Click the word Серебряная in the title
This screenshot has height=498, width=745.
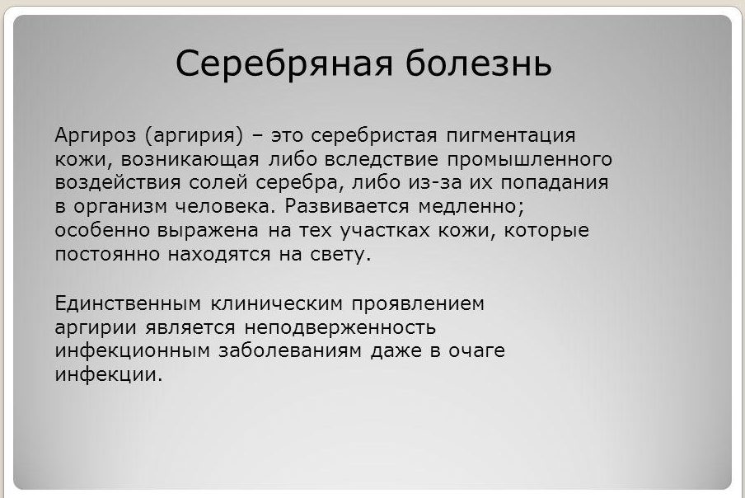tap(284, 63)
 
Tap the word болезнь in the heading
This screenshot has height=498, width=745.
tap(479, 63)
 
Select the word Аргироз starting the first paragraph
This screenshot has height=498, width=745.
tap(95, 136)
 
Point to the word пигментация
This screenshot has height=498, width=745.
tap(511, 136)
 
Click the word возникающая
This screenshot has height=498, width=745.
tap(190, 160)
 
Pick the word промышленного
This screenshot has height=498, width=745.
tap(530, 160)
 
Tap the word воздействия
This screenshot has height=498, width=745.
tap(118, 183)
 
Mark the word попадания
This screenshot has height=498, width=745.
tap(555, 183)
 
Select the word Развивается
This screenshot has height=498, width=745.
tap(347, 206)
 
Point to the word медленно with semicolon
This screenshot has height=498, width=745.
tap(471, 207)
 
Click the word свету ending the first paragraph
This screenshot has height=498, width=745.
tap(340, 255)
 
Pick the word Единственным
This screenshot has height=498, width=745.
tap(128, 303)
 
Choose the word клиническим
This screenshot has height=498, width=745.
tap(277, 303)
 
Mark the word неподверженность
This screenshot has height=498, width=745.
tap(340, 328)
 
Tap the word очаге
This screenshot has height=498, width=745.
tap(476, 351)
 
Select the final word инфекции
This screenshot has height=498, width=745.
tap(109, 375)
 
